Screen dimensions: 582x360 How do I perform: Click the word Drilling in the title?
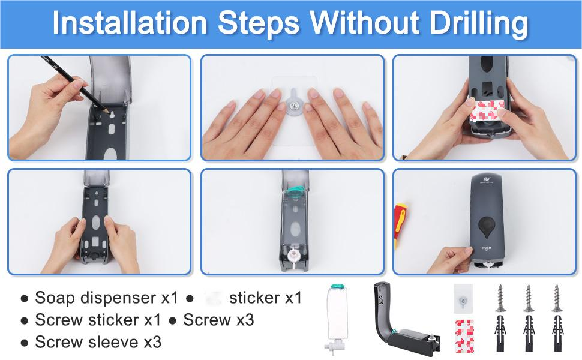pyautogui.click(x=478, y=23)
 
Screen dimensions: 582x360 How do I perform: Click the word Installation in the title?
pyautogui.click(x=130, y=23)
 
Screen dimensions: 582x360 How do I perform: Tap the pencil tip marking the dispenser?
pyautogui.click(x=106, y=110)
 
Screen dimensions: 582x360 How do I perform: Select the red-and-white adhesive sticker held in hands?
pyautogui.click(x=487, y=110)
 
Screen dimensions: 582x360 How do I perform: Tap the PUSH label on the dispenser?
pyautogui.click(x=486, y=248)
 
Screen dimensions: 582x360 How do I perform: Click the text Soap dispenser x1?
pyautogui.click(x=107, y=298)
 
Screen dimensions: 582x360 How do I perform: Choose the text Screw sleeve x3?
pyautogui.click(x=98, y=342)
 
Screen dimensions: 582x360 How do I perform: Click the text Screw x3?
pyautogui.click(x=218, y=320)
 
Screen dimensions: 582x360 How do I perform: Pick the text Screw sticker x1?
pyautogui.click(x=98, y=320)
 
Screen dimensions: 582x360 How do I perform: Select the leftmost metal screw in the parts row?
pyautogui.click(x=501, y=298)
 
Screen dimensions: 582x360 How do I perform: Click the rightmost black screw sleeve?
pyautogui.click(x=557, y=333)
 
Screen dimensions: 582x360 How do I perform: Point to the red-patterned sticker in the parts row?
pyautogui.click(x=464, y=336)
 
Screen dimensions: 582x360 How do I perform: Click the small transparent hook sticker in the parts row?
pyautogui.click(x=463, y=299)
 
